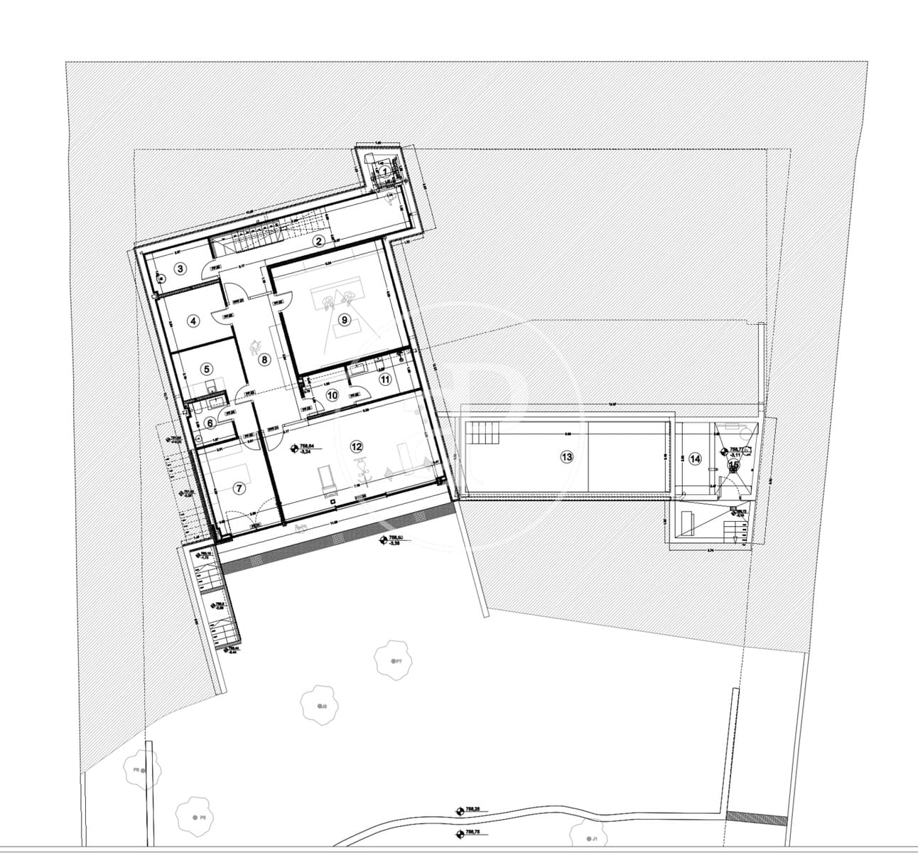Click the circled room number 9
345,320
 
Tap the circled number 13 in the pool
566,457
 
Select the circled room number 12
357,446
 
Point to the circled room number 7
239,488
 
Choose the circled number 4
193,321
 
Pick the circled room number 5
207,369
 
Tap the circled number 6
210,422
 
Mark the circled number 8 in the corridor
265,360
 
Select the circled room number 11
385,379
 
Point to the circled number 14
694,458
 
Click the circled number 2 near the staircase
319,241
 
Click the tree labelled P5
195,817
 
